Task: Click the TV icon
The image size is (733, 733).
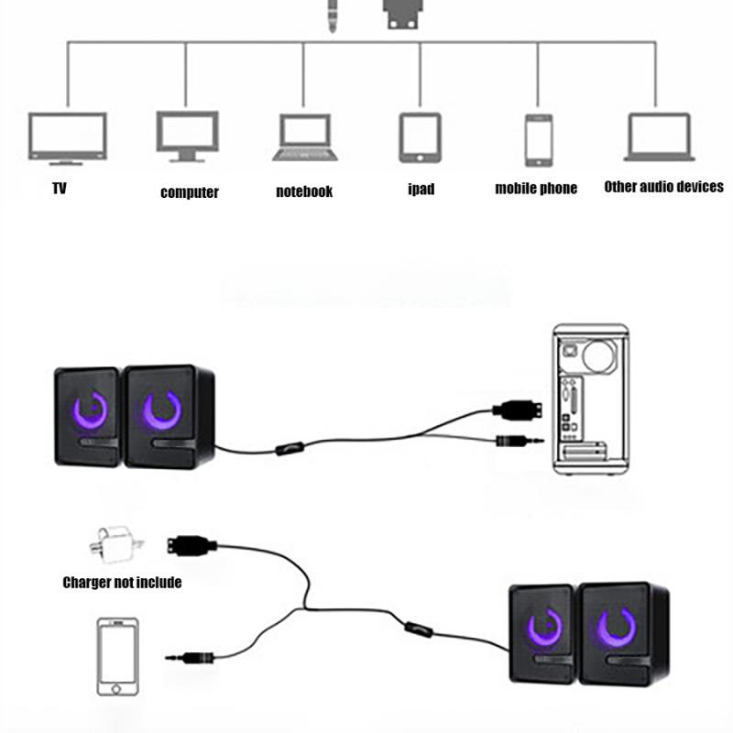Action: (67, 137)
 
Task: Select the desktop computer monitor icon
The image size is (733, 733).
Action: (187, 136)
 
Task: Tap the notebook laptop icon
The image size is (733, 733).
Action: (306, 137)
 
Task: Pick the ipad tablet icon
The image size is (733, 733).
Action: (420, 137)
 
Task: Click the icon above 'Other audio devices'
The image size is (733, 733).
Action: (658, 137)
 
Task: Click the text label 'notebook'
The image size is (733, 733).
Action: (304, 191)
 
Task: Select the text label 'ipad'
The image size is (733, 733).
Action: (421, 190)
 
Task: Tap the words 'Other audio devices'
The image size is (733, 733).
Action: (663, 187)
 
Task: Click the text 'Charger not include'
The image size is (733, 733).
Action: (122, 582)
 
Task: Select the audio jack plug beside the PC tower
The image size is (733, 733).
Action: (519, 441)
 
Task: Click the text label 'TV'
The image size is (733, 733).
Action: (60, 189)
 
